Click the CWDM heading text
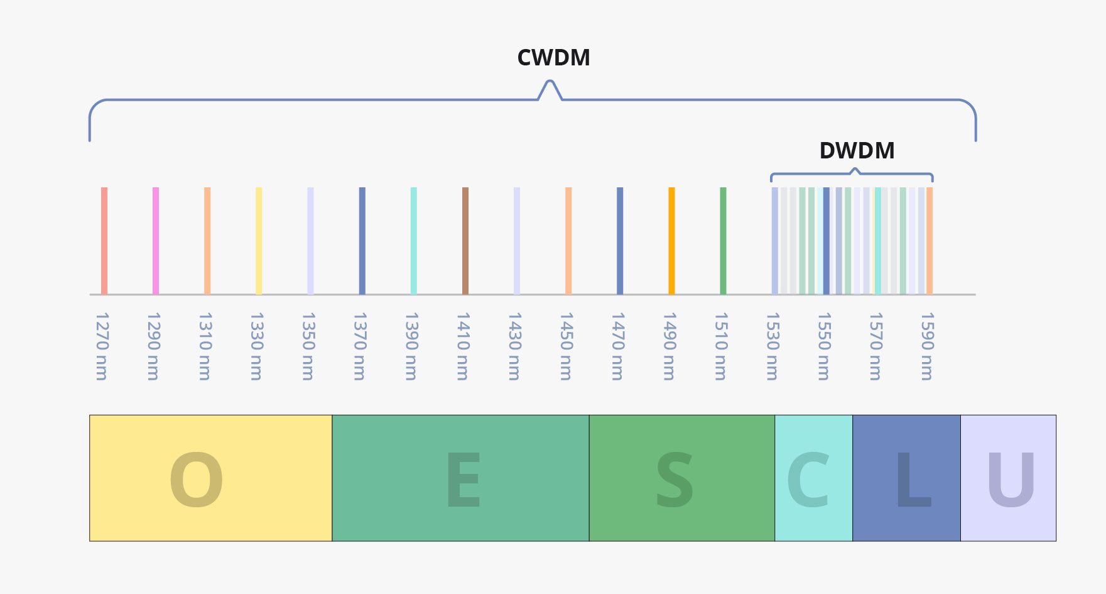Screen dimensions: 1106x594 pos(553,58)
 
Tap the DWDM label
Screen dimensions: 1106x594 pos(857,151)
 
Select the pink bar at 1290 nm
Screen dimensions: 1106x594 pos(156,241)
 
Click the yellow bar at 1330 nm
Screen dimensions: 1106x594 pos(259,241)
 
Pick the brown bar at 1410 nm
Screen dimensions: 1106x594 pos(465,241)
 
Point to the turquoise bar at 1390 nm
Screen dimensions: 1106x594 pos(414,241)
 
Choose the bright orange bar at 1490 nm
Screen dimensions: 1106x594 pos(671,241)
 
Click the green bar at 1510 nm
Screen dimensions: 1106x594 pos(723,241)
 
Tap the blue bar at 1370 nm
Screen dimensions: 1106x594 pos(362,241)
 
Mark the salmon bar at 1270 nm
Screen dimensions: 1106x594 pos(104,241)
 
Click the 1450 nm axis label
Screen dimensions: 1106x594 pos(566,346)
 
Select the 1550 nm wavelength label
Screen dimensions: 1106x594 pos(823,346)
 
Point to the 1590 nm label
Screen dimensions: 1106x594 pos(926,346)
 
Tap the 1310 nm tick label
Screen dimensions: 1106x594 pos(205,346)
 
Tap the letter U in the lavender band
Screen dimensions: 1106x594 pos(1011,480)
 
